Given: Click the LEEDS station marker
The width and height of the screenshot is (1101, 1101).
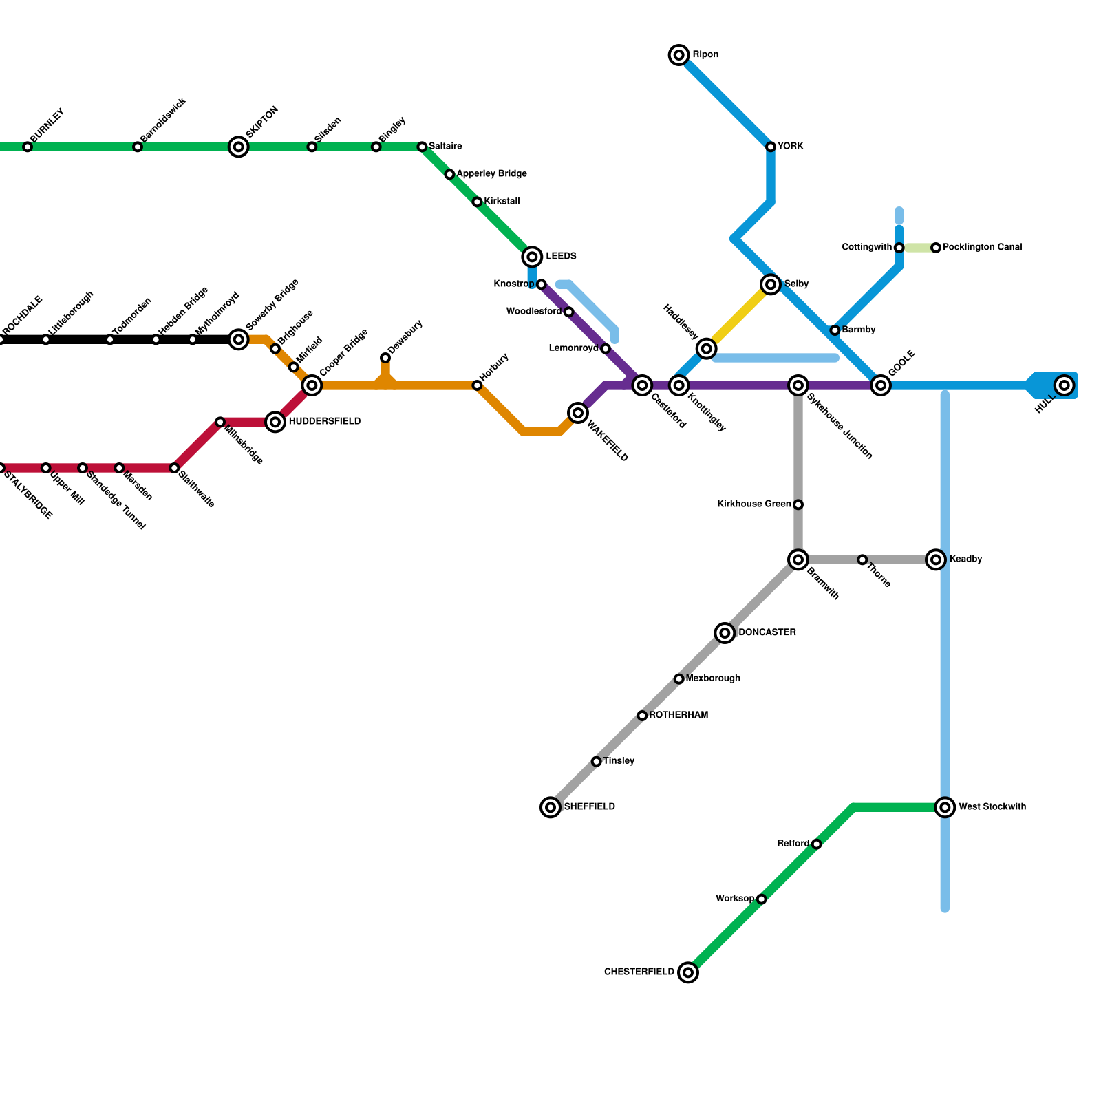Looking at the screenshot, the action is tap(532, 257).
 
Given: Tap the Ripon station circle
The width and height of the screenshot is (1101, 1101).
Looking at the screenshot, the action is tap(679, 55).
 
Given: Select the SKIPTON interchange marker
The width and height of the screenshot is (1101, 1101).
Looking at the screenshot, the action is tap(239, 147).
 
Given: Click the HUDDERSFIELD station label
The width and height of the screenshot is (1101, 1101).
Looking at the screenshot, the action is tap(323, 421).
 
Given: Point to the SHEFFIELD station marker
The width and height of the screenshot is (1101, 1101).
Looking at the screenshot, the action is tap(550, 807).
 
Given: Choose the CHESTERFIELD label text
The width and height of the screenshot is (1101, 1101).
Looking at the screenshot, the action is tap(639, 972).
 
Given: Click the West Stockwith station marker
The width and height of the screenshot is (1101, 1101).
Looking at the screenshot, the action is tap(945, 807).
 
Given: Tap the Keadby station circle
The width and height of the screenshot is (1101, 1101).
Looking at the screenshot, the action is tap(936, 559).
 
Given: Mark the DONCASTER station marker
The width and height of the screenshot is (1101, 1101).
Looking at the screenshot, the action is tap(725, 633).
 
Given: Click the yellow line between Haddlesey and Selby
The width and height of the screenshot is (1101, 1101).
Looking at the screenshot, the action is tap(738, 317).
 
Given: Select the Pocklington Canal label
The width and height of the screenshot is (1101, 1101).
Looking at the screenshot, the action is tap(982, 247).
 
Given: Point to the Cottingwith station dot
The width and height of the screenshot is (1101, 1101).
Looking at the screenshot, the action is tap(899, 248).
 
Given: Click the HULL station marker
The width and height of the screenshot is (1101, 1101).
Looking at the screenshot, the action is tap(1065, 385).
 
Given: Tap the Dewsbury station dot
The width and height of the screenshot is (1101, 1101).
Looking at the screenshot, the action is tap(385, 358).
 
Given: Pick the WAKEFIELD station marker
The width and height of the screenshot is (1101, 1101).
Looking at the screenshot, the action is tap(578, 413).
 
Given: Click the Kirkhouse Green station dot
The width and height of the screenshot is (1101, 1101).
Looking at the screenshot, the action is tap(798, 504).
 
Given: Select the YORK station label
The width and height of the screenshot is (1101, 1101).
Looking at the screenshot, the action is tap(790, 147).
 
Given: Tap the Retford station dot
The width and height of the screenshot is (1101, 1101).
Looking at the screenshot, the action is tap(816, 844).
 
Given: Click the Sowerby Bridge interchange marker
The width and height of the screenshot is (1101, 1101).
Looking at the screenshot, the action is tap(239, 339).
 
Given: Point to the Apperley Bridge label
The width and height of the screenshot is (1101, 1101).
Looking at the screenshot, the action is tap(491, 174).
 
